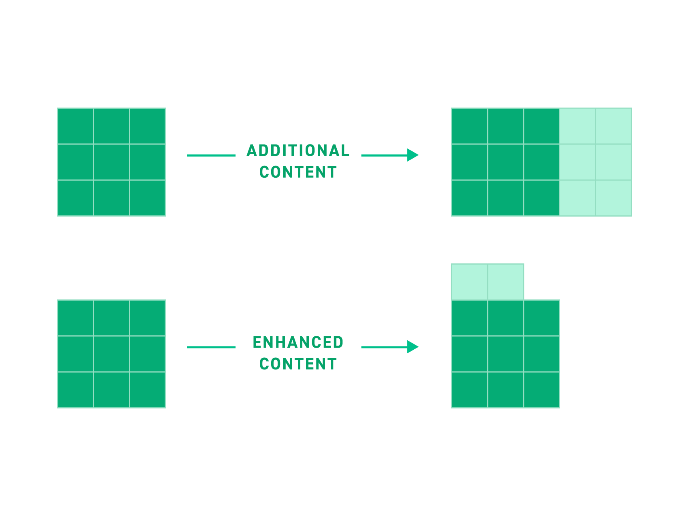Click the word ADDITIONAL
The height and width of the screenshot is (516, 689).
coord(298,151)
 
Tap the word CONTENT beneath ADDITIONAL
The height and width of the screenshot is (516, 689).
coord(298,172)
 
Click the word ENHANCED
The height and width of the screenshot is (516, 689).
coord(298,342)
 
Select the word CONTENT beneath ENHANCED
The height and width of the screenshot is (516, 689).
coord(298,364)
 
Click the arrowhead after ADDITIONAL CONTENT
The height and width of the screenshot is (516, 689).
coord(413,155)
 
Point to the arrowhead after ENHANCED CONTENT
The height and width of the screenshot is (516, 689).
coord(413,347)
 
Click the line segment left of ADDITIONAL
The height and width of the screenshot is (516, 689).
coord(211,155)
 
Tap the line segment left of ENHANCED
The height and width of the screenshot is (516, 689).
coord(211,347)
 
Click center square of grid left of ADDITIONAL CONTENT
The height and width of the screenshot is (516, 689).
coord(111,162)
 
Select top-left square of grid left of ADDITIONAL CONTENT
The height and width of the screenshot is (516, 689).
coord(75,126)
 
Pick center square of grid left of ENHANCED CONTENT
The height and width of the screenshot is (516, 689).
coord(111,354)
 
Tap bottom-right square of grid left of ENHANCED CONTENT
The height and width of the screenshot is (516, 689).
coord(148,390)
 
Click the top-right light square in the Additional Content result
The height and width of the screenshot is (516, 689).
coord(614,126)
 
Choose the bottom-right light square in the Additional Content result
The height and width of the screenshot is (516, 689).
coord(614,198)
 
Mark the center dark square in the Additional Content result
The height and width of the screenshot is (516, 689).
coord(505,162)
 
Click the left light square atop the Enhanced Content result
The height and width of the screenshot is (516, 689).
coord(469,282)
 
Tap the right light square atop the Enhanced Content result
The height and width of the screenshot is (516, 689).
coord(505,282)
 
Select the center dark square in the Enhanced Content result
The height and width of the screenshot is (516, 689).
coord(505,354)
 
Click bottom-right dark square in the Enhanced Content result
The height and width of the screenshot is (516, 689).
coord(541,390)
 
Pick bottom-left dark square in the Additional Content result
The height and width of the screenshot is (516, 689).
coord(469,198)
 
